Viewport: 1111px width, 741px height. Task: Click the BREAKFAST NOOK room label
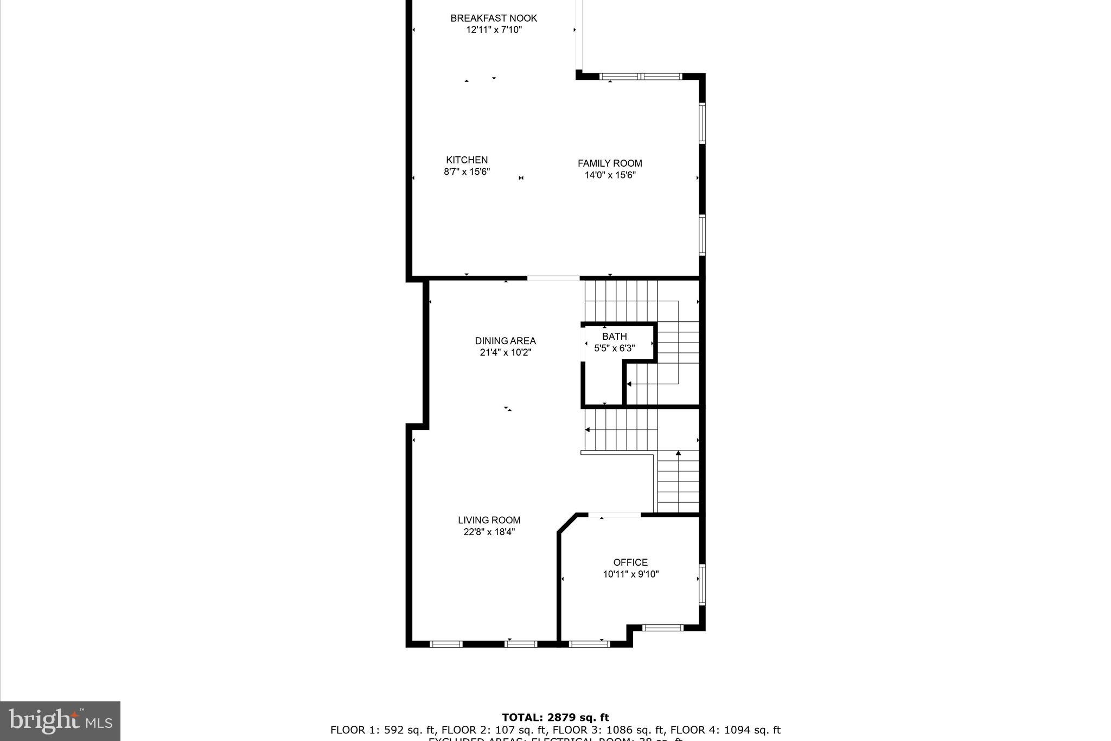[x=494, y=18]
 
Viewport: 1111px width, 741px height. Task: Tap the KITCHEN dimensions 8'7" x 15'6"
[x=467, y=172]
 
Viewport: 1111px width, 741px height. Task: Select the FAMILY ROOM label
[x=610, y=163]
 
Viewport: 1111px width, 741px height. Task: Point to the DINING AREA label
[x=505, y=341]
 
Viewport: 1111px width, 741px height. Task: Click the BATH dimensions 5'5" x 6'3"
[x=614, y=348]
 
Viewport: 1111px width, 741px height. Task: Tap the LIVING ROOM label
[x=489, y=520]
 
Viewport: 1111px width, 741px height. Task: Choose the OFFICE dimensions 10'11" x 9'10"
[x=630, y=574]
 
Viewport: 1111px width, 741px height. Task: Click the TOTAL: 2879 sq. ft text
[x=555, y=718]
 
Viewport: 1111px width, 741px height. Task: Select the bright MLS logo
[x=60, y=721]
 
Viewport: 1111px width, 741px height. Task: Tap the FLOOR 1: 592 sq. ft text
[x=382, y=730]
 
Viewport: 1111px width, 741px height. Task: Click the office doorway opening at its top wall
[x=615, y=515]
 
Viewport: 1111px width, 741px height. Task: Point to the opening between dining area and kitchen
[x=553, y=278]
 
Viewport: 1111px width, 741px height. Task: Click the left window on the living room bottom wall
[x=446, y=644]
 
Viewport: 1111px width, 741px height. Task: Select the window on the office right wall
[x=701, y=585]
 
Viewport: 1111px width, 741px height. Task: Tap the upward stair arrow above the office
[x=678, y=453]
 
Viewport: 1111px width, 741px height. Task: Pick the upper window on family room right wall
[x=701, y=123]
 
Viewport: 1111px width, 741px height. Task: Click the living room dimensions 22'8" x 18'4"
[x=489, y=532]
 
